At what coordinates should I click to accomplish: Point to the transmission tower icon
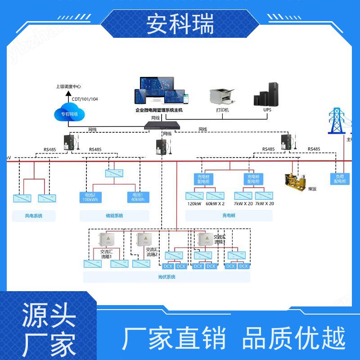pyautogui.click(x=336, y=121)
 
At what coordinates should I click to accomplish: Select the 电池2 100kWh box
pyautogui.click(x=90, y=197)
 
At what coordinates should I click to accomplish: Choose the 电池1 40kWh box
pyautogui.click(x=138, y=197)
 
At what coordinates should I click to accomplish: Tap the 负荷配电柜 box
pyautogui.click(x=340, y=179)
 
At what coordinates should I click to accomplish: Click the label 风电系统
pyautogui.click(x=34, y=216)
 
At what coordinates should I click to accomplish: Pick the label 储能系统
pyautogui.click(x=114, y=216)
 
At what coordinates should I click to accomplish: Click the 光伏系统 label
pyautogui.click(x=166, y=277)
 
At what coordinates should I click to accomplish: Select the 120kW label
pyautogui.click(x=194, y=204)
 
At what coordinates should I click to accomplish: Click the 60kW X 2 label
pyautogui.click(x=215, y=204)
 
